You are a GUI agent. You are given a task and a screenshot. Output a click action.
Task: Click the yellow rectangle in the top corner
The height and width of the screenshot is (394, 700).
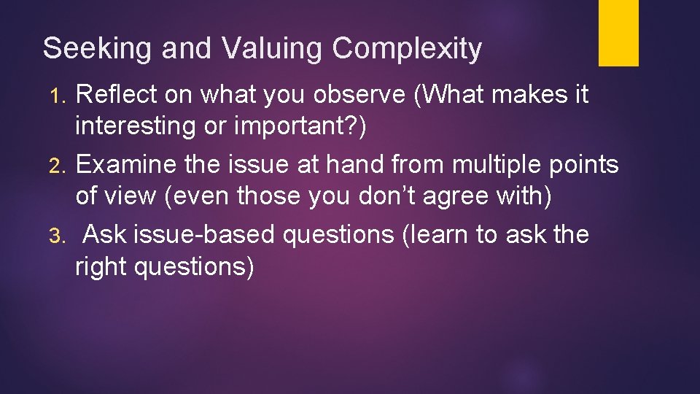pyautogui.click(x=618, y=33)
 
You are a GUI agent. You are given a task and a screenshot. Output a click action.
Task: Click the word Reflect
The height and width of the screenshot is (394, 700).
pyautogui.click(x=117, y=95)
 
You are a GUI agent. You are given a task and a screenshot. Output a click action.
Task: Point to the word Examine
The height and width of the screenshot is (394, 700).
pyautogui.click(x=126, y=165)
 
